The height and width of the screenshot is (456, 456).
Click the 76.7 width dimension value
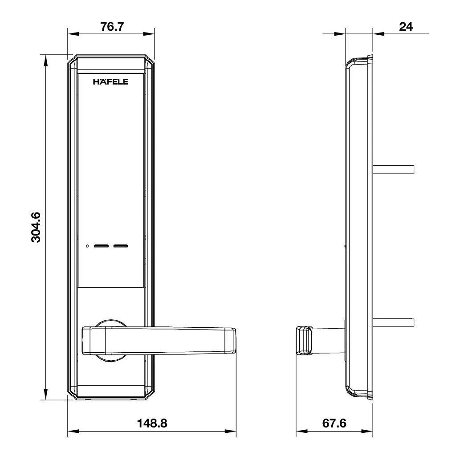[x=111, y=26]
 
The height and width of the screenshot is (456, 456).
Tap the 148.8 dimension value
[x=152, y=423]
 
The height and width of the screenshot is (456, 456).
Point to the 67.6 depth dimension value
[x=334, y=423]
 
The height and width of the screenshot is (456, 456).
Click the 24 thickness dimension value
[x=405, y=26]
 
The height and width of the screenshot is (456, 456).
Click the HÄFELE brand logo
[x=110, y=82]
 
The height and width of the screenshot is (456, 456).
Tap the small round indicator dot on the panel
[x=88, y=246]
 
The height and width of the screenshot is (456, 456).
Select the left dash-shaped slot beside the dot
[x=102, y=246]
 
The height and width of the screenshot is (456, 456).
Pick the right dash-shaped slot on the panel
[x=120, y=246]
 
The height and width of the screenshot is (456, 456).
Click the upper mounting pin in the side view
[x=394, y=169]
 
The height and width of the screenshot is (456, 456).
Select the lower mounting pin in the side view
[x=394, y=322]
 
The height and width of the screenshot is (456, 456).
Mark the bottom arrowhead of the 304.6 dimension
[x=45, y=396]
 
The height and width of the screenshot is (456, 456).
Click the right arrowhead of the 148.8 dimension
[x=232, y=432]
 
